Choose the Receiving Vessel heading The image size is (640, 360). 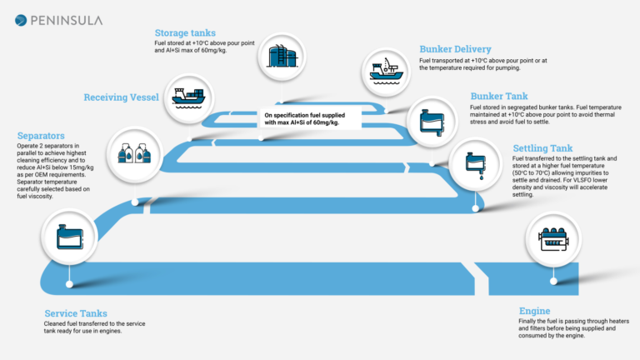point(121,97)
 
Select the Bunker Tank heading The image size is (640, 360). point(499,97)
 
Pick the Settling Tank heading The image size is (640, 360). point(542,147)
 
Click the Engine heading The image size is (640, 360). point(535,311)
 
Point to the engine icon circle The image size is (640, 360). point(553,238)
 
